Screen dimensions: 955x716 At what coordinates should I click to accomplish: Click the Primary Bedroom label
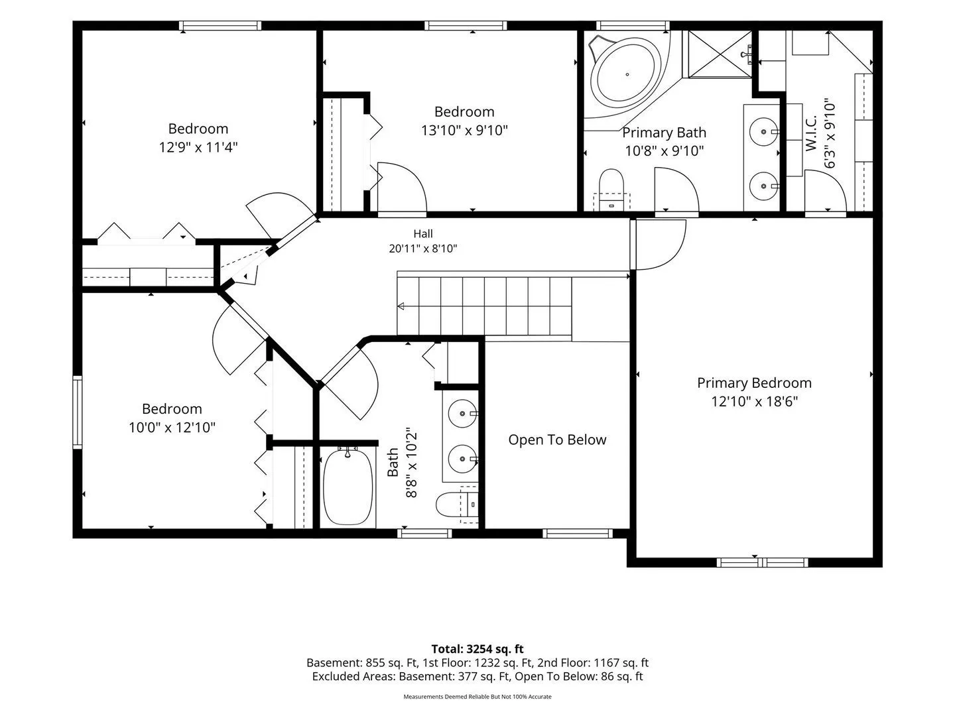coord(754,383)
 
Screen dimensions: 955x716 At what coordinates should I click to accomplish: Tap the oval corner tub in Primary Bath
coord(627,74)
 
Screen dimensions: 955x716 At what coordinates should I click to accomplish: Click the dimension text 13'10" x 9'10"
coord(464,130)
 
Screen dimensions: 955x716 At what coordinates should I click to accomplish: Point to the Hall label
coord(423,234)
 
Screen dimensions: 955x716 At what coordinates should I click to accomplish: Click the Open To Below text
coord(557,440)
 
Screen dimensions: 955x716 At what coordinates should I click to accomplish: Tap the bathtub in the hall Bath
coord(348,487)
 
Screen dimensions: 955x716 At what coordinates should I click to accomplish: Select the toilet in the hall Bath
coord(457,505)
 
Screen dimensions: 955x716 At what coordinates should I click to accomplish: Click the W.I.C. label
coord(811,133)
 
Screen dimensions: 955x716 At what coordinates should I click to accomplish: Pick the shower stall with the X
coord(719,54)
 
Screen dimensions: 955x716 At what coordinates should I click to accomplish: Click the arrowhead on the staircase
coord(401,306)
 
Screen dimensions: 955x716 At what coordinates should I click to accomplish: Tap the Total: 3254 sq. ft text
coord(477,650)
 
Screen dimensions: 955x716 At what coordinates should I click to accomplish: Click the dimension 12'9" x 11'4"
coord(198,147)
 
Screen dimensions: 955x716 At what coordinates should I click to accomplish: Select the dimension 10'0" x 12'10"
coord(172,428)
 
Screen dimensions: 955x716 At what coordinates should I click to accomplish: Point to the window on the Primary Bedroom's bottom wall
coord(762,563)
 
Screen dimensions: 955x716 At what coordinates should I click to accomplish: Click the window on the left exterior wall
coord(77,412)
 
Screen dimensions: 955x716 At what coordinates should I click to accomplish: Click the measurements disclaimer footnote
coord(477,697)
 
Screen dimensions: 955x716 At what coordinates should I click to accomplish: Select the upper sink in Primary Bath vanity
coord(763,131)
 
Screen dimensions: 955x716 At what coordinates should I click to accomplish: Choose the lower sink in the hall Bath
coord(462,459)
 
